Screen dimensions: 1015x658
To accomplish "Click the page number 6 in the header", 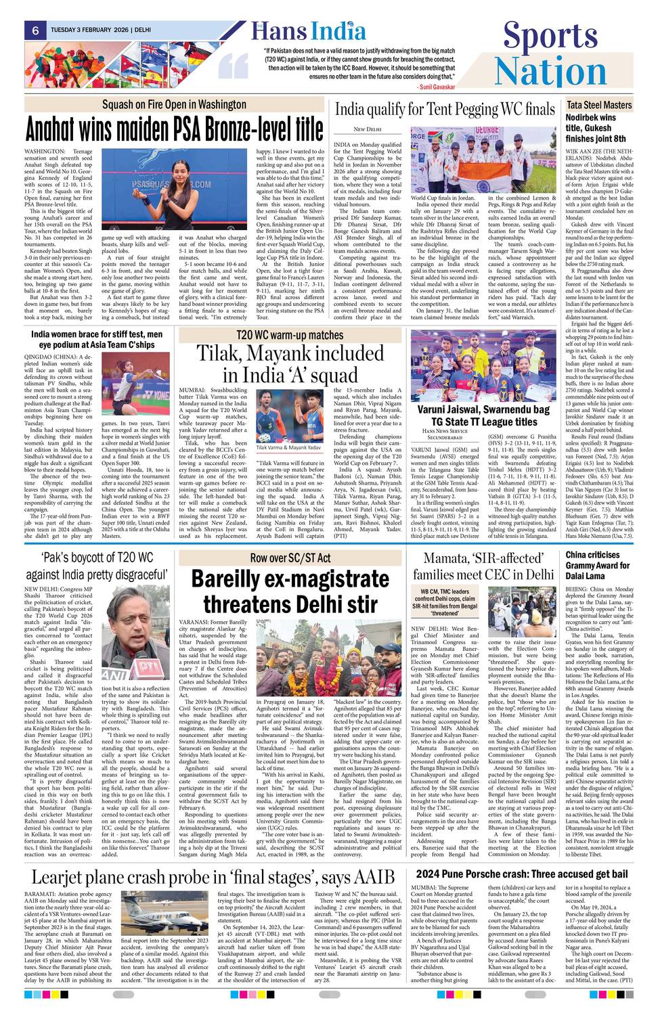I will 34,30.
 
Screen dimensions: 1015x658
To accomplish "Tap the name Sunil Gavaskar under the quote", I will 437,87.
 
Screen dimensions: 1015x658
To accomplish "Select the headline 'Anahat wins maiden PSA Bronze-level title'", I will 174,129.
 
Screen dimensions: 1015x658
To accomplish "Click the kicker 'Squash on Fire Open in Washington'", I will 174,104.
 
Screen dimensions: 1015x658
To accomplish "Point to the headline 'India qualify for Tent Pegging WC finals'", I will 445,109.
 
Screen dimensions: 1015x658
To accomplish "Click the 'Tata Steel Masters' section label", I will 598,105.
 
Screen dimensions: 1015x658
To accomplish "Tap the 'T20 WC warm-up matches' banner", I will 290,335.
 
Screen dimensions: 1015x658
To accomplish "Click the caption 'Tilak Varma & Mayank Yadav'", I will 288,447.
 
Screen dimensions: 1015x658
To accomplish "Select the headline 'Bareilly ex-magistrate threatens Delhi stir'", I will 290,591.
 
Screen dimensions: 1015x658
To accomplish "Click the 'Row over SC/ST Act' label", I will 290,558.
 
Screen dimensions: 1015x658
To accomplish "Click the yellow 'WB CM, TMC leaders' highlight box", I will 445,602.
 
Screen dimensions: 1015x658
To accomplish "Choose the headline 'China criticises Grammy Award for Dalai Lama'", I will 598,565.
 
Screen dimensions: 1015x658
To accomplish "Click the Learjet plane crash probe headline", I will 213,878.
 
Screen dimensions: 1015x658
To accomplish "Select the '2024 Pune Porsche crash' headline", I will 522,874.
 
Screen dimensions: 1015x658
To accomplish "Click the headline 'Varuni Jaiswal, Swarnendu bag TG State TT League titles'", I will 483,415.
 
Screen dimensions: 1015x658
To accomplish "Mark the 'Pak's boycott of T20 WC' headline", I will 96,566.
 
